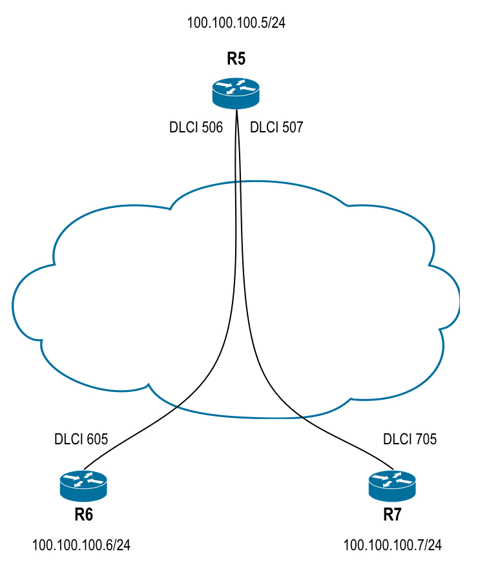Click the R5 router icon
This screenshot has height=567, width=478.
point(236,93)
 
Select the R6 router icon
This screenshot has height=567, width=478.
point(83,486)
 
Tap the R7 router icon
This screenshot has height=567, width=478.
point(392,486)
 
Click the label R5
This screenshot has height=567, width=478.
point(236,60)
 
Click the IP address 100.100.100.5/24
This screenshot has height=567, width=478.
point(236,23)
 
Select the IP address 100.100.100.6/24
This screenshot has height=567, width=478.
point(81,546)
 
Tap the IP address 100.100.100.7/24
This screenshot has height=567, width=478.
point(393,546)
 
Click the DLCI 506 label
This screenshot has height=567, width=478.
point(196,127)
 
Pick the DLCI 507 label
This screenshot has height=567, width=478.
point(276,127)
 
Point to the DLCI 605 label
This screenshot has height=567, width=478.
point(81,440)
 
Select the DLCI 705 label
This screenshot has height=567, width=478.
point(410,440)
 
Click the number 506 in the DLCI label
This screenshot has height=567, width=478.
point(211,127)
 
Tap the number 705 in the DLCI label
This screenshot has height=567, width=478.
point(426,440)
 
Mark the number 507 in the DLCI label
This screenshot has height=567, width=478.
point(292,127)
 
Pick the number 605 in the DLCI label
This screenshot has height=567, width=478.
point(96,440)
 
